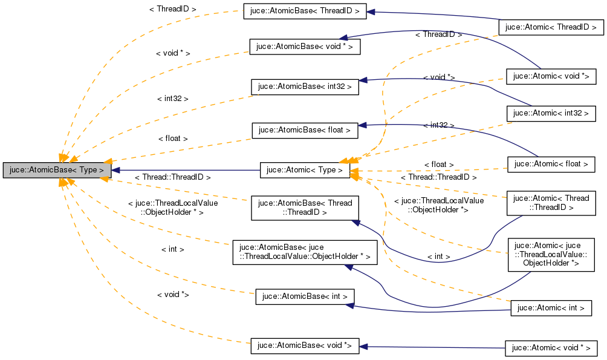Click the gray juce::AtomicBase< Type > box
(x=57, y=170)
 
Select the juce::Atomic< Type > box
(x=305, y=170)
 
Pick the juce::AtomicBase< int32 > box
(x=305, y=87)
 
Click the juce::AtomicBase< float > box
(x=305, y=130)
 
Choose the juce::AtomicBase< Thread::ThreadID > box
(x=305, y=208)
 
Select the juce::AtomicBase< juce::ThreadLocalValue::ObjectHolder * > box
(x=305, y=252)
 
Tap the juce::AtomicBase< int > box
(x=305, y=296)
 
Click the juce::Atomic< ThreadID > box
(x=551, y=27)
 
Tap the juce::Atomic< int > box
(x=551, y=308)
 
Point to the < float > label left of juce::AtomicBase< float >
(x=173, y=139)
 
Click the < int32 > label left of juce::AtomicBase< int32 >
(x=173, y=98)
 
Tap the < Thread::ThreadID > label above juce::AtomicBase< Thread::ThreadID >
(x=172, y=177)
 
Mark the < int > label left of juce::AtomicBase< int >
(x=173, y=249)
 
